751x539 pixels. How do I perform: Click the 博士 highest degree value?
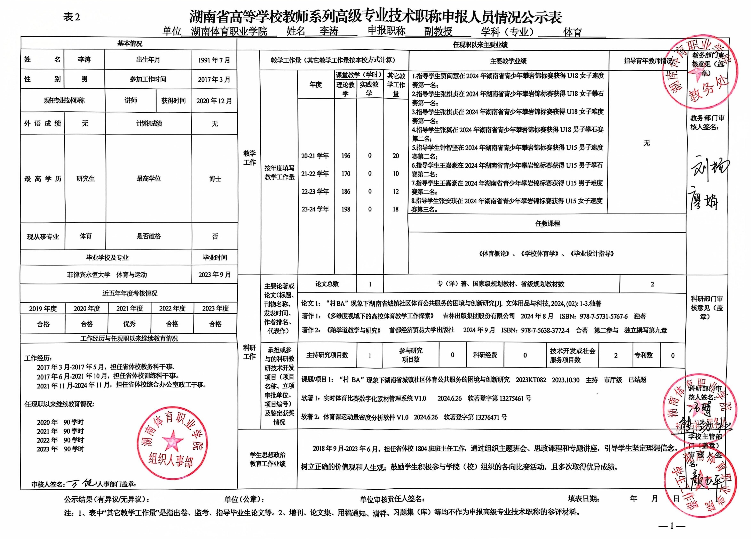[215, 179]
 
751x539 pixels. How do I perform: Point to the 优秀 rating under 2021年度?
[129, 324]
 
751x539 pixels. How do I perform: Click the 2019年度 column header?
[43, 308]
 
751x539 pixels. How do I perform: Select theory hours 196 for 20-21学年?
[346, 156]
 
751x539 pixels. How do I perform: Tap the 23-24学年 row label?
[315, 209]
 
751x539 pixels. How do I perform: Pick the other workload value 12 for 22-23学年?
[396, 191]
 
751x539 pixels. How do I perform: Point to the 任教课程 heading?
[547, 224]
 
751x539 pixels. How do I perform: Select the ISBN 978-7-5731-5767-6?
[593, 316]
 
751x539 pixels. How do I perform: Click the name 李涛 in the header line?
[329, 31]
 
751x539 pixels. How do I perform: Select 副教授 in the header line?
[438, 31]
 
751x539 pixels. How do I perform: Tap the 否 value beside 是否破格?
[215, 236]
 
